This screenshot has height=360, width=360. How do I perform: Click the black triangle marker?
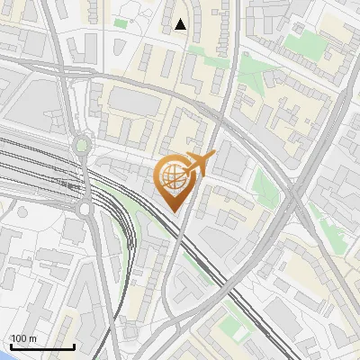point(181,24)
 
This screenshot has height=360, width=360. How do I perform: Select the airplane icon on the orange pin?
point(199,164)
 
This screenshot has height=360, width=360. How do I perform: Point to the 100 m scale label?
point(23,338)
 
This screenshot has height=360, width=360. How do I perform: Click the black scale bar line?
point(41,346)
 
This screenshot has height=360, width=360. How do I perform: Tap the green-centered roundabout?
point(82,144)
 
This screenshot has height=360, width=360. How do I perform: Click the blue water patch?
point(4,354)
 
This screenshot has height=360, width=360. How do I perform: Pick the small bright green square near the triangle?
point(121,22)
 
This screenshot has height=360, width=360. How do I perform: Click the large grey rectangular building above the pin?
point(134,103)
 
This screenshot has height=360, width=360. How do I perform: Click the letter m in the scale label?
point(32,338)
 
